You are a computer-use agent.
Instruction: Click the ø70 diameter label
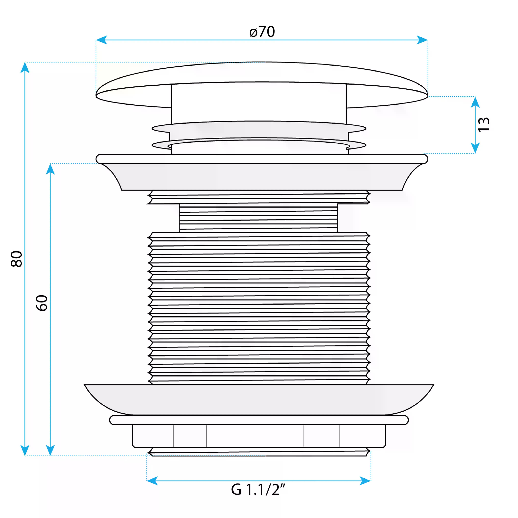click(x=262, y=32)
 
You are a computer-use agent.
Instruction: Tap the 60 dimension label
click(x=42, y=303)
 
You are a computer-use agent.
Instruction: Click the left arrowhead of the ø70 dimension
click(x=101, y=40)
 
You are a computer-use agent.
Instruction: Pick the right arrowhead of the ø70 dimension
click(x=422, y=40)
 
